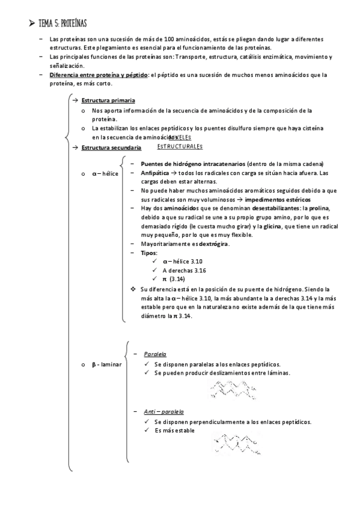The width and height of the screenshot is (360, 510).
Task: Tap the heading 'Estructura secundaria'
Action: click(111, 147)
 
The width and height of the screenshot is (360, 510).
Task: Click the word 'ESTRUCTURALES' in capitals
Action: click(180, 146)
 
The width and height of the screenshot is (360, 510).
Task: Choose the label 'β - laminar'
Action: click(106, 364)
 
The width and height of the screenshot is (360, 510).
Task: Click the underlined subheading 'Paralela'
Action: click(155, 354)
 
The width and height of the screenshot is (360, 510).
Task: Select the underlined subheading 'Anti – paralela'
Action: click(163, 411)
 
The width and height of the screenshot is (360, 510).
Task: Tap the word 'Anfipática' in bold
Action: click(157, 173)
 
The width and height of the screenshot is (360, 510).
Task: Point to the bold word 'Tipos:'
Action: click(149, 253)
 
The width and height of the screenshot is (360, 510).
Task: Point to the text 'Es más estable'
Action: click(175, 431)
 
